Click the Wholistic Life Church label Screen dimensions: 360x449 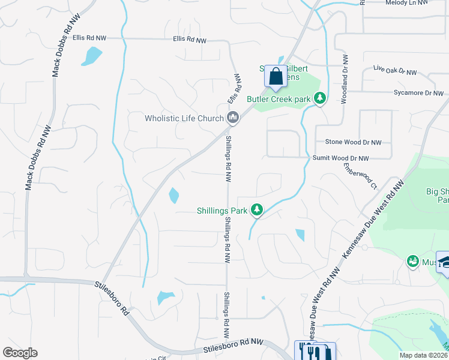click(184, 118)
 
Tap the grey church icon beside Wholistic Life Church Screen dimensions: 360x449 click(233, 119)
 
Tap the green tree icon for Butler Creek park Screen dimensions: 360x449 click(320, 98)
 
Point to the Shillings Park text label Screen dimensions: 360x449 click(221, 211)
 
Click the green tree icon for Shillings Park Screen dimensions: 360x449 click(257, 209)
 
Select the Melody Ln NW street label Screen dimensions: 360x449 click(406, 3)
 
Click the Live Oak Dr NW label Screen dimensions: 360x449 click(394, 72)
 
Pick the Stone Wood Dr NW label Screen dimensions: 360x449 click(353, 142)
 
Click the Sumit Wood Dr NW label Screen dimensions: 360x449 click(340, 158)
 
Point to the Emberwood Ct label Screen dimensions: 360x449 click(360, 178)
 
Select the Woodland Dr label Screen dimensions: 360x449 click(345, 79)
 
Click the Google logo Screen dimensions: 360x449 click(20, 353)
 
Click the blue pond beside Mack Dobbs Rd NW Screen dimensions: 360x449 click(92, 55)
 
